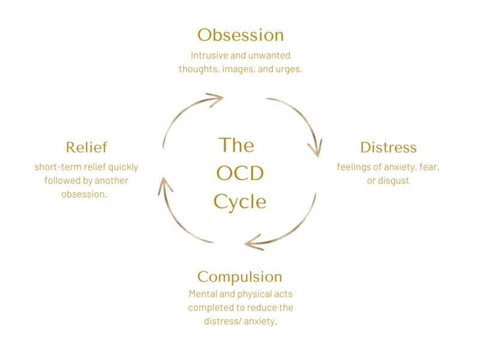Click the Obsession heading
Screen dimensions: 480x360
pos(241,35)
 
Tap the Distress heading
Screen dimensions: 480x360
pos(388,147)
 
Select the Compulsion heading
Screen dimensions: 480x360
pos(239,277)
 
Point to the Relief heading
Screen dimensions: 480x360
pos(86,147)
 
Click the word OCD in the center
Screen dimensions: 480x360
pos(240,173)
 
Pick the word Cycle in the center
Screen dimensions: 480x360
pos(239,202)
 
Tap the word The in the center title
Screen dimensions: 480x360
pos(236,145)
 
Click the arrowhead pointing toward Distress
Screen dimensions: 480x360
pos(316,149)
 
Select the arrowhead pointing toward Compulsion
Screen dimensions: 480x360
pos(253,242)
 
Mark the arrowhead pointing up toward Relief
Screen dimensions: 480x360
pos(165,185)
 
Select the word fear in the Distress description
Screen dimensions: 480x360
pos(429,167)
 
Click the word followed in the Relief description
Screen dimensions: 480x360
pos(58,181)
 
